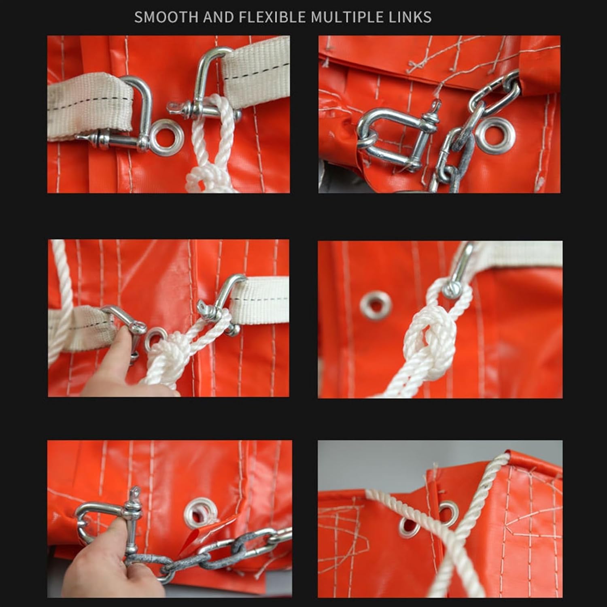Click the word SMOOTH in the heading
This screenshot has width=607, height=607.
point(166,17)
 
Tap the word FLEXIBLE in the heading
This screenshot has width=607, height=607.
point(272,17)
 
